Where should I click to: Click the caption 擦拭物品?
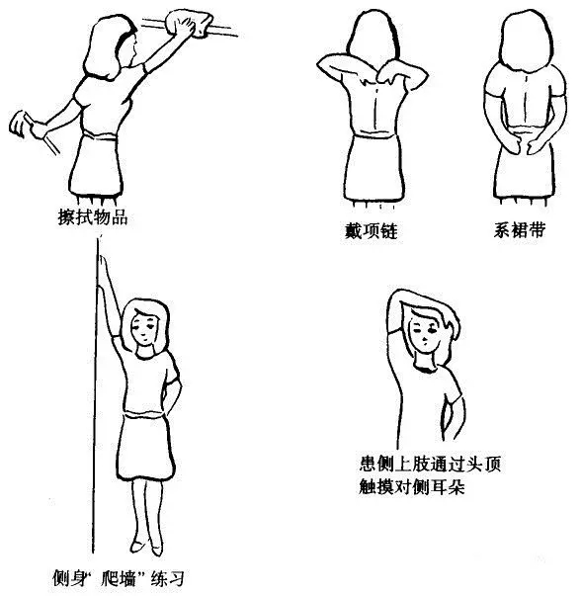click(x=92, y=217)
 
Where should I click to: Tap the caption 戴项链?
click(x=371, y=230)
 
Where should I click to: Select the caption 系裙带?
click(x=520, y=230)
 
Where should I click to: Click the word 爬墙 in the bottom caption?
click(x=120, y=578)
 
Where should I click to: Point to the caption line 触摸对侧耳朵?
click(x=412, y=487)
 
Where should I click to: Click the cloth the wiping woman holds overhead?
click(x=189, y=24)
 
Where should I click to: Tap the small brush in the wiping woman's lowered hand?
click(x=18, y=124)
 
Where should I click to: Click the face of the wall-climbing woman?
click(x=144, y=327)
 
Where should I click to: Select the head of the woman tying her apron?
click(x=526, y=41)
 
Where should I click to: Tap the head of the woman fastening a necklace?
click(x=373, y=38)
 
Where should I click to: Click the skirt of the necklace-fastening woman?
click(x=373, y=167)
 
